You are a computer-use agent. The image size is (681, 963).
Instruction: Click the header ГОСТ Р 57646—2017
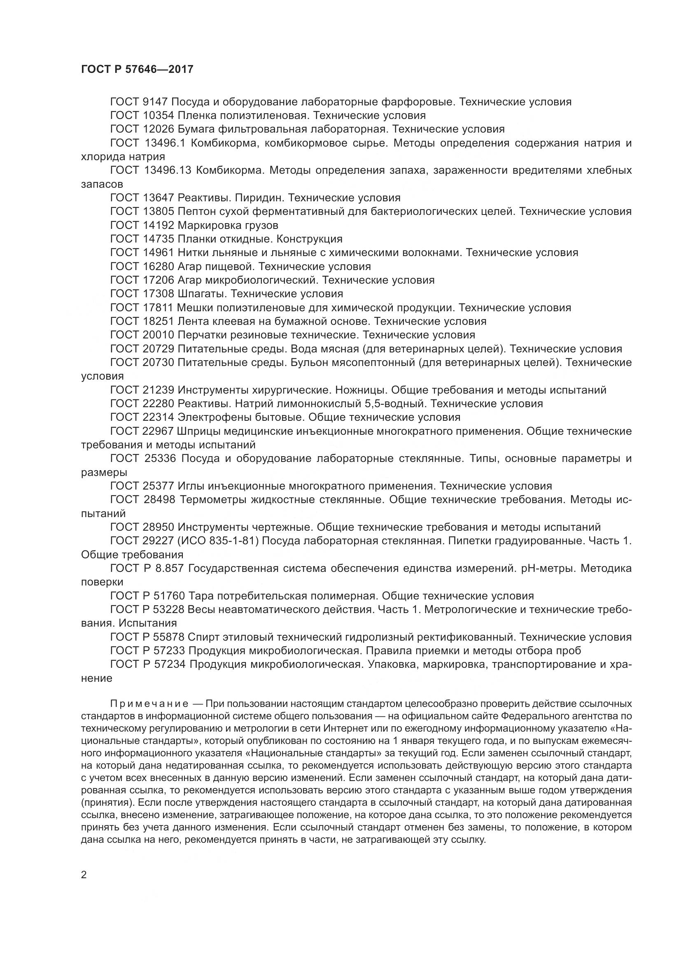(x=137, y=69)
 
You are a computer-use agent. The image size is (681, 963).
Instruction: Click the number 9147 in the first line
(x=155, y=102)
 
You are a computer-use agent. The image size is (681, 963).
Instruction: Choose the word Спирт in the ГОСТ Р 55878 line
(x=202, y=637)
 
